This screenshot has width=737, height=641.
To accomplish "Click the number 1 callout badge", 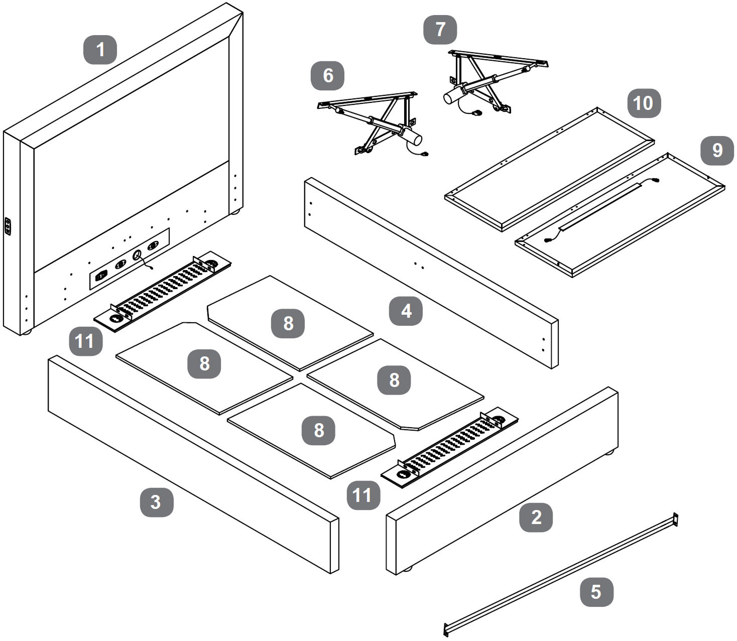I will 100,50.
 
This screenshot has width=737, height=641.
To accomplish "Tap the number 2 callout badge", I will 536,517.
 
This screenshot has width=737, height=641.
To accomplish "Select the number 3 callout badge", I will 156,501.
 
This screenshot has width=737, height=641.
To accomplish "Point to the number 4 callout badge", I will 406,311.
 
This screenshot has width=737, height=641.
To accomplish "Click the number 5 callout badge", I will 596,591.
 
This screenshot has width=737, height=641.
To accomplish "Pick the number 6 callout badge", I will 327,75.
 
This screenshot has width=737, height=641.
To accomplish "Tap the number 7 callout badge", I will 440,29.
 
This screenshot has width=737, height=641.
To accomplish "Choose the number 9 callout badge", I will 717,150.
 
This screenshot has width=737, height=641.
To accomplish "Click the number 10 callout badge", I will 643,103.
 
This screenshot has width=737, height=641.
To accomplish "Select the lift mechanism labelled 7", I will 482,80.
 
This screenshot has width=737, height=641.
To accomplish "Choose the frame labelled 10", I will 550,168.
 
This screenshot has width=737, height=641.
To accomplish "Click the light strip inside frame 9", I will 600,207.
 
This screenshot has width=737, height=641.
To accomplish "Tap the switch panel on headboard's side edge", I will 8,226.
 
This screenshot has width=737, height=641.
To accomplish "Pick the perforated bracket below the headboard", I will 163,291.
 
